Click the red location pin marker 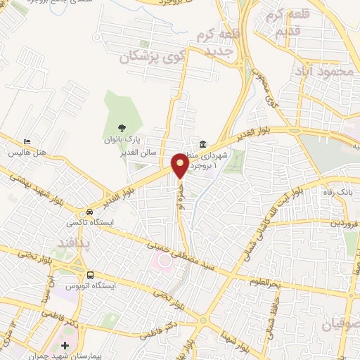click(x=180, y=165)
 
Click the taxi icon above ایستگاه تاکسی click(x=89, y=212)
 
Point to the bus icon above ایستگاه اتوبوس click(x=89, y=276)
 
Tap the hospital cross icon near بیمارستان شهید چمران click(x=65, y=345)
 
